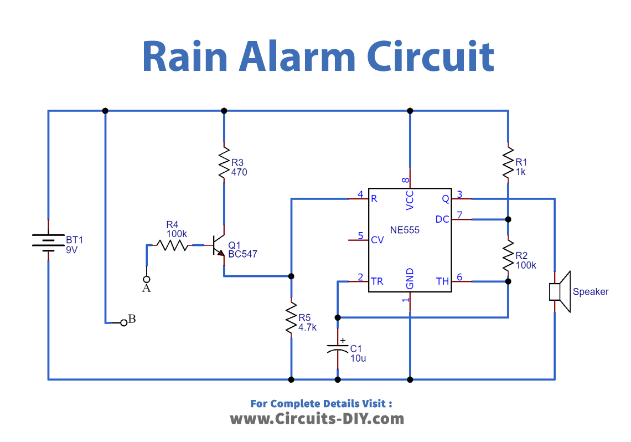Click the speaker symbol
(559, 291)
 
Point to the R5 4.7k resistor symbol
(291, 318)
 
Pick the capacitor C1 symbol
(338, 349)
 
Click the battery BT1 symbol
(49, 243)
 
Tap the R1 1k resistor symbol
(508, 162)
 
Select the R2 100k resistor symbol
(508, 255)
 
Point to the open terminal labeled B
(124, 322)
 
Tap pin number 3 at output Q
(459, 194)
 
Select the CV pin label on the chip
(377, 240)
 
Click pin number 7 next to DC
(459, 215)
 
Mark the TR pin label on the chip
(377, 281)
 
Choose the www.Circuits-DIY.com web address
(317, 419)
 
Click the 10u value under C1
(358, 358)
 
